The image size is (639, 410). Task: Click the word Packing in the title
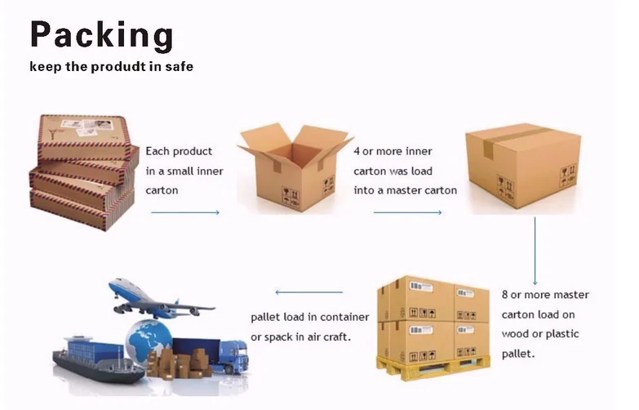coord(101,36)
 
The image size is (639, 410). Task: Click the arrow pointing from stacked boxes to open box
coord(185,212)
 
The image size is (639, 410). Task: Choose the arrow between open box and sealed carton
coord(407,212)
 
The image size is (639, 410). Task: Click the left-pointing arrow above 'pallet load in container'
coord(308,292)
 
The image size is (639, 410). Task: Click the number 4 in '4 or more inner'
coord(357,152)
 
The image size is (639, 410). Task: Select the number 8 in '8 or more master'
coord(506,295)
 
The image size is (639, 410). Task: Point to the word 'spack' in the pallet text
coord(282,336)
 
